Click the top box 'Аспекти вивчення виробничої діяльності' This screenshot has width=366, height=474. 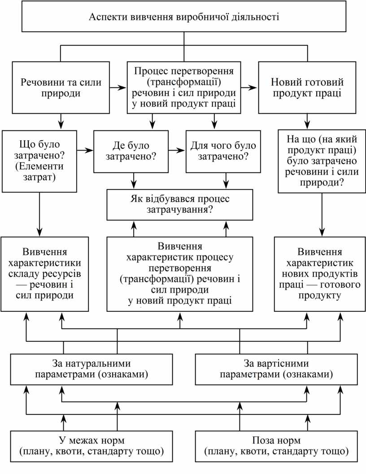point(184,18)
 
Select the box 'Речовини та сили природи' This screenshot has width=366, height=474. point(61,88)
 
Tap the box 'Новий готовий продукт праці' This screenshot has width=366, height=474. point(307,88)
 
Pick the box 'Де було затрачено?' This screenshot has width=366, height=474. point(131,151)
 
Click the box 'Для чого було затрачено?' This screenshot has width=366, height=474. point(223,151)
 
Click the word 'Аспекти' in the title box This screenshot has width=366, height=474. point(108,18)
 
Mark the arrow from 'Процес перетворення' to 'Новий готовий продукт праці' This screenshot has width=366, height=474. point(248,87)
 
